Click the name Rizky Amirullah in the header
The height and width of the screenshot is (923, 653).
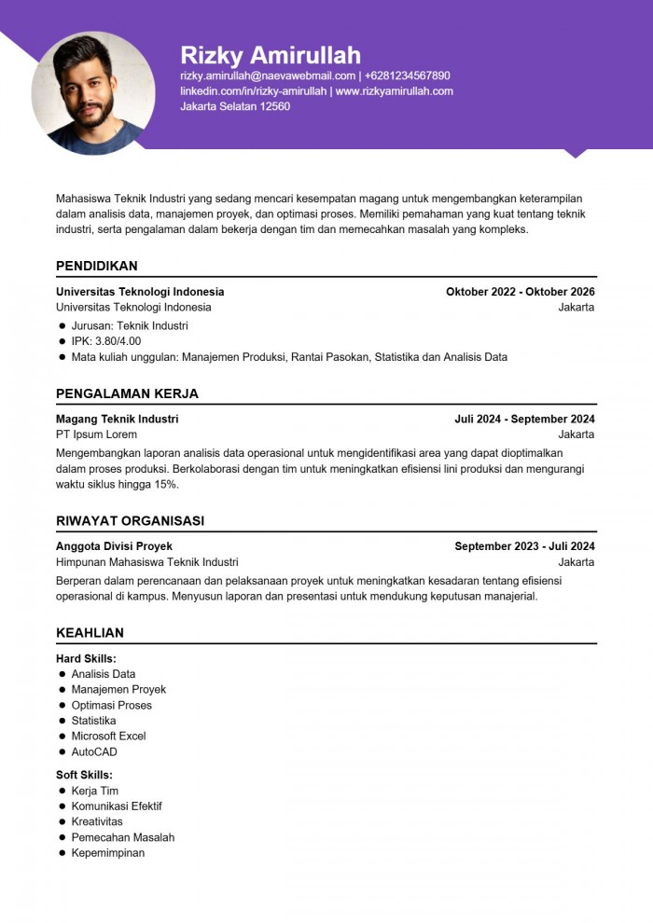click(270, 54)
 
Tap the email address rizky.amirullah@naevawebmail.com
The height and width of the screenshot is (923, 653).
click(268, 76)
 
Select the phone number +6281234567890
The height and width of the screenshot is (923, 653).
click(408, 76)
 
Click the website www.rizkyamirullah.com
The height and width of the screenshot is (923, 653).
click(394, 91)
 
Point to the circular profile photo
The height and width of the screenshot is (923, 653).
click(92, 93)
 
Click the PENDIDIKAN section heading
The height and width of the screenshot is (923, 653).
click(96, 266)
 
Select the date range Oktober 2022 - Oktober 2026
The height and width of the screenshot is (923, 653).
click(520, 292)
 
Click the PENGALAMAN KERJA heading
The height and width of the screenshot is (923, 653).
click(127, 393)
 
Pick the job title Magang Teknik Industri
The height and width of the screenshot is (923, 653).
click(117, 420)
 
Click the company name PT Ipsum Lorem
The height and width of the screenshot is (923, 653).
click(96, 434)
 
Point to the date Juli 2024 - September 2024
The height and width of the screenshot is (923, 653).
click(524, 420)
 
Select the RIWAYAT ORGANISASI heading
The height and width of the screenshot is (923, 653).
click(130, 521)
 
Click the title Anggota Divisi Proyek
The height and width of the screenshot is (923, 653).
click(114, 546)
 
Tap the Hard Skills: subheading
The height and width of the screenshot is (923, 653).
click(86, 659)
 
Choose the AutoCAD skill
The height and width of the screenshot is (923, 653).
click(94, 751)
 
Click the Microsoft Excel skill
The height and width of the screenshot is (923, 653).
click(108, 736)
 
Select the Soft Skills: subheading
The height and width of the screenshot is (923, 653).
click(84, 775)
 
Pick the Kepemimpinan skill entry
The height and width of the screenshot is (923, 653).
click(107, 852)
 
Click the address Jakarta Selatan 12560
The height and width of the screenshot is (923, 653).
click(235, 106)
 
